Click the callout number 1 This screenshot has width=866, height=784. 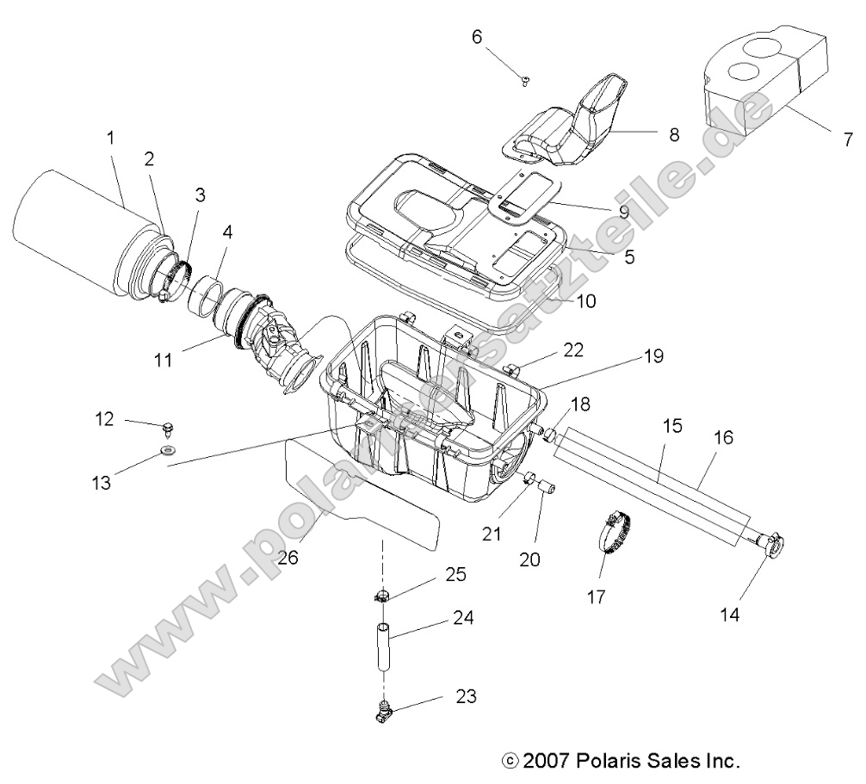click(x=110, y=137)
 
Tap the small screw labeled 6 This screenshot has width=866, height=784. click(x=526, y=80)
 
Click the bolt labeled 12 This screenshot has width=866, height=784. click(x=169, y=427)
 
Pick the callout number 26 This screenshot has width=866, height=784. click(x=288, y=557)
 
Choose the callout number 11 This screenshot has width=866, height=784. click(x=164, y=358)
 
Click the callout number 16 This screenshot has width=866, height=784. click(x=723, y=437)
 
